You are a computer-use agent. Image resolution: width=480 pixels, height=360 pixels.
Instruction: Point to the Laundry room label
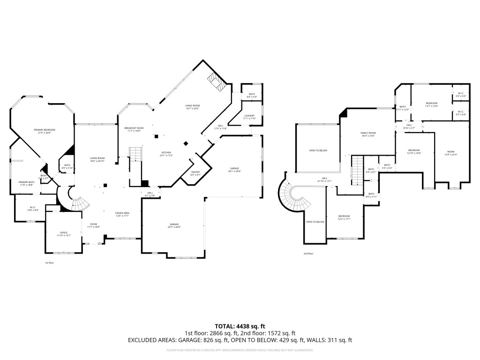pos(249,117)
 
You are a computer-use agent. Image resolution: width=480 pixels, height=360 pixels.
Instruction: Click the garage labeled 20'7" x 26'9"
pos(174,226)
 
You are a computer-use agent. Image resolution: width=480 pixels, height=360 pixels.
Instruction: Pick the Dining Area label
pos(122,215)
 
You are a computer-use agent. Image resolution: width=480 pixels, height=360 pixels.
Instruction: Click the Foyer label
pos(94,225)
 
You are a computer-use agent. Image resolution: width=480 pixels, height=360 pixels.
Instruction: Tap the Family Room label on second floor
pos(368,134)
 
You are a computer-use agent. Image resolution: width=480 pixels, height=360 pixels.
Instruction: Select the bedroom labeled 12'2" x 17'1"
pos(345,217)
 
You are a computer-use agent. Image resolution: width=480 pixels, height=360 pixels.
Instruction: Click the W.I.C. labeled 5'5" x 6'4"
pos(461,113)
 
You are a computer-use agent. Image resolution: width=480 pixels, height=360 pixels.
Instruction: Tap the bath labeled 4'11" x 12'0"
pos(403,108)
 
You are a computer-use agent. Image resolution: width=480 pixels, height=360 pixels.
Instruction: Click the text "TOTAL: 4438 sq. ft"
pos(240,326)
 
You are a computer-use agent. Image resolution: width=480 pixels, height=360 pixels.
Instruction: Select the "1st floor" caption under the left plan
pos(49,263)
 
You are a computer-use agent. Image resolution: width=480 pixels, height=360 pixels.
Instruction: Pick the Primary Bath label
pos(27,183)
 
